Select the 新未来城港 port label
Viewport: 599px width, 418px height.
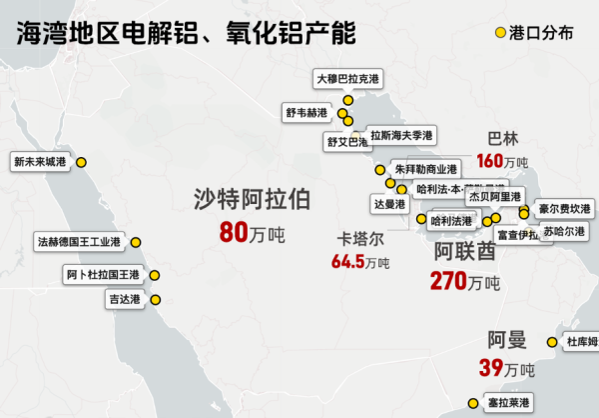[x=41, y=162]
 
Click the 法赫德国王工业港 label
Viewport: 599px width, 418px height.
[x=78, y=241]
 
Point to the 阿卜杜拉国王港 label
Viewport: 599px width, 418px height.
[x=103, y=274]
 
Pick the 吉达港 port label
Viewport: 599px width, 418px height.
[x=125, y=298]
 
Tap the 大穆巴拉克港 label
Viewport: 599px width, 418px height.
[x=346, y=78]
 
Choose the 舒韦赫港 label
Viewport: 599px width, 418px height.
[x=304, y=113]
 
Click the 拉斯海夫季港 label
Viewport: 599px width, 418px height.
[x=401, y=135]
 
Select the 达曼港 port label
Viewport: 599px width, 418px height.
[x=389, y=204]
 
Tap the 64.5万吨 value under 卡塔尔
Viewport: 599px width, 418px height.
[x=360, y=262]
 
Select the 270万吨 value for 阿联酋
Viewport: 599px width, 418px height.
[x=464, y=281]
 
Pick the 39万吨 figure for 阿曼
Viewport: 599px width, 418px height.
[x=504, y=368]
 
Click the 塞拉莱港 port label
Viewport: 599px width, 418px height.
[x=508, y=403]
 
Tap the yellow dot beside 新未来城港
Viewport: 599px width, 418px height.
[x=82, y=162]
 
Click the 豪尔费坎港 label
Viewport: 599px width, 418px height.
[x=564, y=210]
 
